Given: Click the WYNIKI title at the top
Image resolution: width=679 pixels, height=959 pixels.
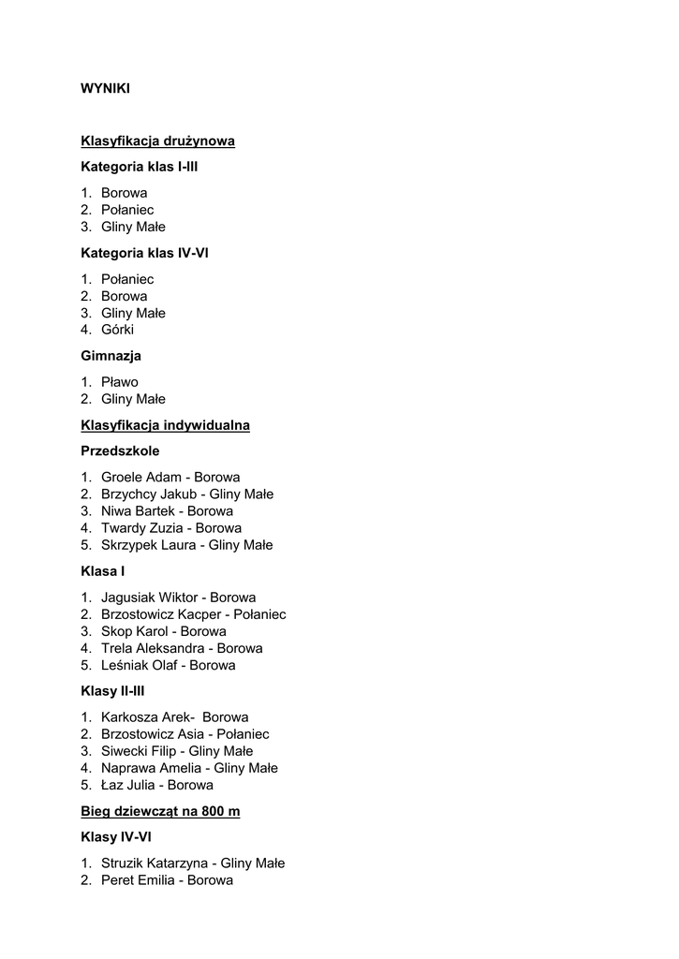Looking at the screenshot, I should tap(105, 89).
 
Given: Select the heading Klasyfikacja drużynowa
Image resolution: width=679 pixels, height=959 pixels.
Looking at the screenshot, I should tap(157, 140).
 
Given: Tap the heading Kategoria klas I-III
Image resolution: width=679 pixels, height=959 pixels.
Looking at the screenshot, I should tap(140, 167).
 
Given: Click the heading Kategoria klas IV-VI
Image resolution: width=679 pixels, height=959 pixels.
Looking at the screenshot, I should tap(144, 253).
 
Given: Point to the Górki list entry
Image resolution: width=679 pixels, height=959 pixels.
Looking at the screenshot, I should tap(117, 330).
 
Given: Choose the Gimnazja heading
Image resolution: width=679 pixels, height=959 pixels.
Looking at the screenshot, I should tap(111, 356).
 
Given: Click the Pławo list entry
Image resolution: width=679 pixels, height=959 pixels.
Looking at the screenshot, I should tap(119, 382).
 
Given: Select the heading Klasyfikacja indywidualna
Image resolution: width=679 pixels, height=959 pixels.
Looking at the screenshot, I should tap(165, 425).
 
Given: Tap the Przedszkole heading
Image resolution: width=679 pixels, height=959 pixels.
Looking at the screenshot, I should tap(120, 450).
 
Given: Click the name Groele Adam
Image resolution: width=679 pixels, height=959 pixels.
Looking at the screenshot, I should tap(140, 478).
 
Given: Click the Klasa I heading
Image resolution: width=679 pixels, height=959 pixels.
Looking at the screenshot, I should tap(103, 570).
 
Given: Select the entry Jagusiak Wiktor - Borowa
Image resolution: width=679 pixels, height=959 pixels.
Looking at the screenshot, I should tap(178, 598).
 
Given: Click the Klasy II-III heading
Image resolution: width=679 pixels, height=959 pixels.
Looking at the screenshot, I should tap(112, 691).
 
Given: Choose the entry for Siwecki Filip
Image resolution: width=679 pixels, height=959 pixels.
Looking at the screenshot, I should tap(140, 751).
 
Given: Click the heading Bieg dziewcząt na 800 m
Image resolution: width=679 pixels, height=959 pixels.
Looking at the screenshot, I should tap(160, 811).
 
